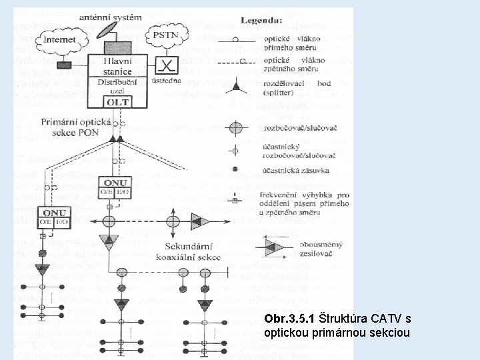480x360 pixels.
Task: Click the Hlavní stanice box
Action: [x=117, y=65]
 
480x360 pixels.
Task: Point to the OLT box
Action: [x=117, y=102]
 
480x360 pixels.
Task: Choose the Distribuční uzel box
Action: [x=117, y=87]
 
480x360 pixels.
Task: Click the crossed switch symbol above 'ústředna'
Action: [x=165, y=65]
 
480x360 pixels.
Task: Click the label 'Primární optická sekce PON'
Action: [x=69, y=128]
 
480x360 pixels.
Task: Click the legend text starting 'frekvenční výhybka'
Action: [x=305, y=201]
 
